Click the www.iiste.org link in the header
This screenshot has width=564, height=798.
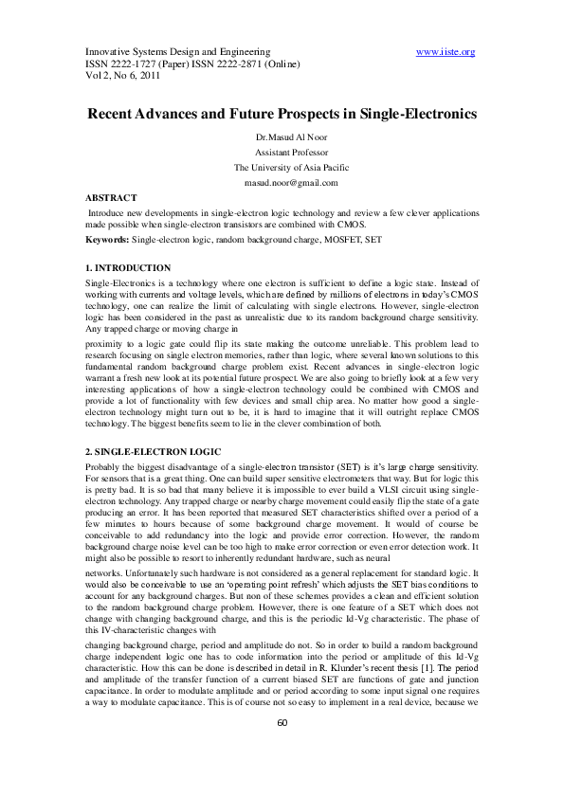[446, 51]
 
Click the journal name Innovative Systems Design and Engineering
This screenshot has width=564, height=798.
[159, 51]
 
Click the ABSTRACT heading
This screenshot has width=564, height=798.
[111, 197]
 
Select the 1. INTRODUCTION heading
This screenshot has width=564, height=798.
[128, 269]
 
